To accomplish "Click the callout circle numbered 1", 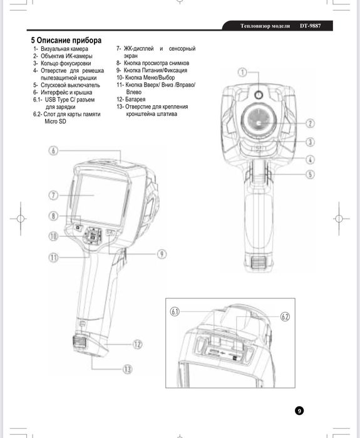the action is click(242, 72).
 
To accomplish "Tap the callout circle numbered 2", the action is click(310, 123).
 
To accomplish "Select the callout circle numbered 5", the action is click(310, 175).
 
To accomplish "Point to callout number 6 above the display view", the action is click(54, 150).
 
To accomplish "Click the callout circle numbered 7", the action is click(54, 196).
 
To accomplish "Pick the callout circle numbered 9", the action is click(162, 254).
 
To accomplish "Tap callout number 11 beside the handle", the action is click(54, 258).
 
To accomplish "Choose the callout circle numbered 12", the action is click(137, 344).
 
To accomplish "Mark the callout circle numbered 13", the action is click(127, 369).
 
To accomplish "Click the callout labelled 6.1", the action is click(175, 312).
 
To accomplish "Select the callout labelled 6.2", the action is click(285, 317).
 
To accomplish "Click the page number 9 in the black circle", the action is click(299, 410).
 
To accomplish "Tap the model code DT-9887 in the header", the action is click(311, 26).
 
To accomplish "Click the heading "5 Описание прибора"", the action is click(66, 40).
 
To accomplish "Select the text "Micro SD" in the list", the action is click(55, 122).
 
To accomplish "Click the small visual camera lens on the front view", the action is click(259, 95).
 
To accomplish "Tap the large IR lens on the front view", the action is click(259, 122).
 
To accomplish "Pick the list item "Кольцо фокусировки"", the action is click(66, 63).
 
